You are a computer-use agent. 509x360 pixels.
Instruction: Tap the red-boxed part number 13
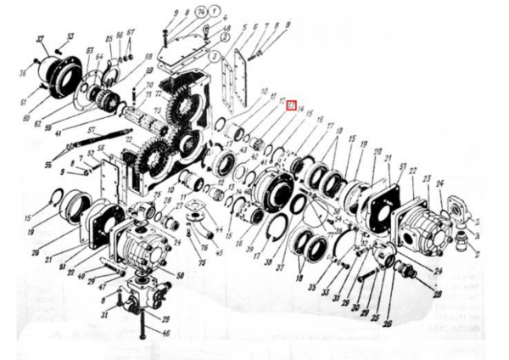290,106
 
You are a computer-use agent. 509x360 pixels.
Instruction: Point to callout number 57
89,130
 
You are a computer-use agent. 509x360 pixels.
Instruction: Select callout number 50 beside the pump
180,274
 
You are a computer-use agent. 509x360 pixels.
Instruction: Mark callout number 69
148,59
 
